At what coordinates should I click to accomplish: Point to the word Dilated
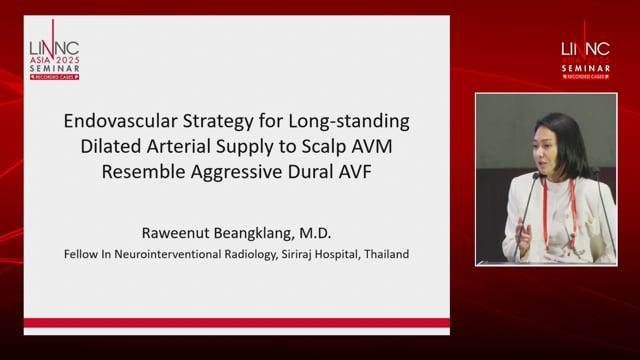coord(110,147)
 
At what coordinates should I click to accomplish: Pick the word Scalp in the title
coord(320,147)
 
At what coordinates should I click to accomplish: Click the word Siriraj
coord(296,255)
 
